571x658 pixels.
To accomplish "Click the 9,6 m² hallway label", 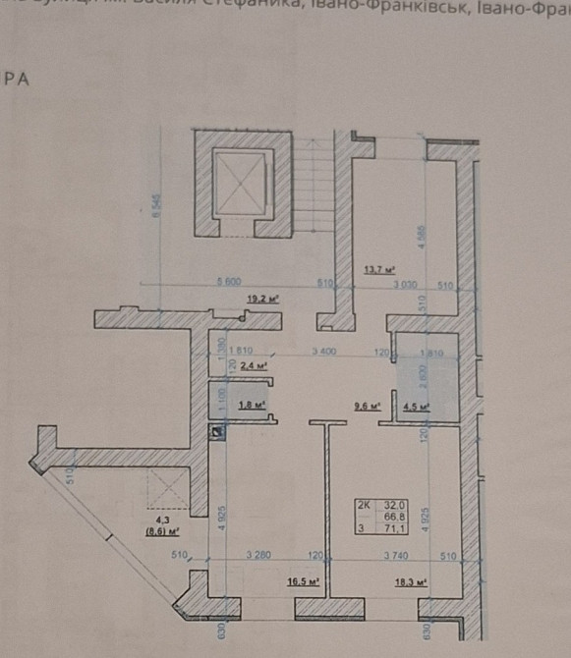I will (x=367, y=403).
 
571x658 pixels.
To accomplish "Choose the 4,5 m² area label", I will (x=417, y=403).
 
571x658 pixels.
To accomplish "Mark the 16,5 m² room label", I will (x=304, y=581).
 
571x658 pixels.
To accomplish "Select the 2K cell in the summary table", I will (x=365, y=506).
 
